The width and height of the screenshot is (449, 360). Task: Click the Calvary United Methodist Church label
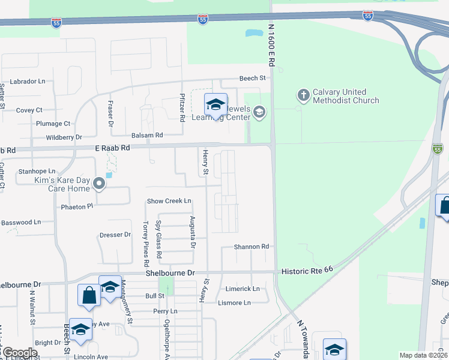pyautogui.click(x=346, y=96)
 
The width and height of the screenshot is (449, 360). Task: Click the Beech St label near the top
pyautogui.click(x=252, y=78)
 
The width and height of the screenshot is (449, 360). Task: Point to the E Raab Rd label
pyautogui.click(x=112, y=148)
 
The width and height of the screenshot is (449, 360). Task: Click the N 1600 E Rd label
pyautogui.click(x=271, y=44)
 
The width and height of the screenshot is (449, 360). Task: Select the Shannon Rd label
pyautogui.click(x=251, y=247)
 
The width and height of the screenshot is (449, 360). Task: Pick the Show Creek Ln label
pyautogui.click(x=169, y=201)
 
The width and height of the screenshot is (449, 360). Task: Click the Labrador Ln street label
pyautogui.click(x=28, y=81)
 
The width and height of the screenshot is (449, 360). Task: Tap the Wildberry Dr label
pyautogui.click(x=64, y=137)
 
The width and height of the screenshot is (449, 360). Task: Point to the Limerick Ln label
pyautogui.click(x=243, y=289)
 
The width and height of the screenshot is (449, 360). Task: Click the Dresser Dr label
pyautogui.click(x=115, y=235)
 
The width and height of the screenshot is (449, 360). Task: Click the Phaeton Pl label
pyautogui.click(x=77, y=206)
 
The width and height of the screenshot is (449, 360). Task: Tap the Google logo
pyautogui.click(x=20, y=353)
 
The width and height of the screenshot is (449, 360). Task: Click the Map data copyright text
pyautogui.click(x=423, y=355)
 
